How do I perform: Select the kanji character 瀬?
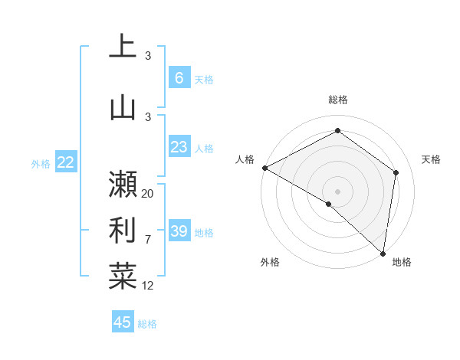coord(123,184)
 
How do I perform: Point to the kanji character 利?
coord(123,229)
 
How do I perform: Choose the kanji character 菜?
coord(123,275)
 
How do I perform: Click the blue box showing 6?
coord(179,77)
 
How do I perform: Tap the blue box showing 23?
coord(179,147)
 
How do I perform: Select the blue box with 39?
coord(179,231)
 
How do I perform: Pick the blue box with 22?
coord(65,162)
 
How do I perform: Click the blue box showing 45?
coord(123,322)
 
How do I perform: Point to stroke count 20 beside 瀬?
coord(148,194)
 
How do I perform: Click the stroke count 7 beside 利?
coord(148,240)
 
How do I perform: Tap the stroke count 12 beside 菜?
coord(148,286)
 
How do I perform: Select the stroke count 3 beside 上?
coord(148,56)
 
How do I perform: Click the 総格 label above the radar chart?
coord(337,100)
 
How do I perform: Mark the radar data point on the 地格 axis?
coord(383,254)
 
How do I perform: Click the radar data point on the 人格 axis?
coord(264,168)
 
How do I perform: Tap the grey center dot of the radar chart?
coord(337,191)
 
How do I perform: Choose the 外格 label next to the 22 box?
coord(41,163)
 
